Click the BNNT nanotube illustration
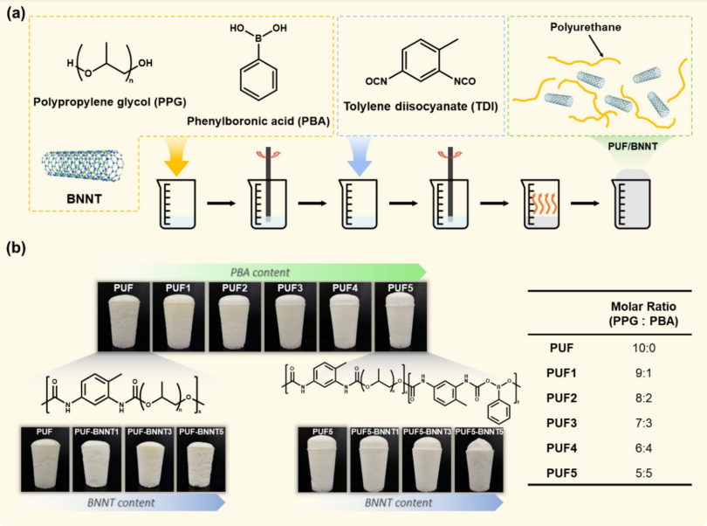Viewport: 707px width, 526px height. (83, 161)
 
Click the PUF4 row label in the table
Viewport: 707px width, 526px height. (561, 447)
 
